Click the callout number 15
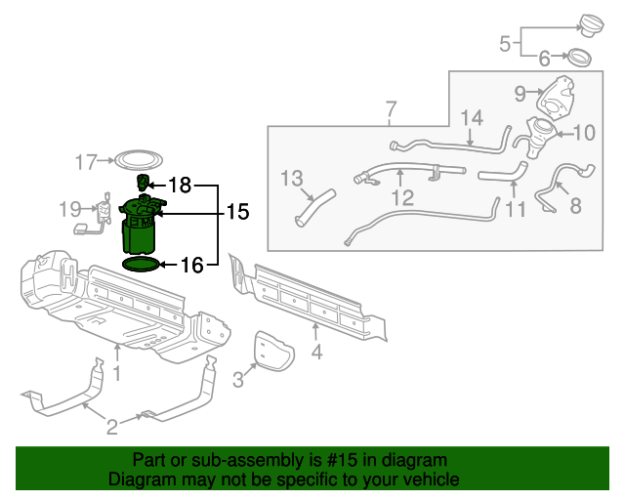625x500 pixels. [237, 212]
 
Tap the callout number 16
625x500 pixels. [192, 265]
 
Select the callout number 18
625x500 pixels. [181, 185]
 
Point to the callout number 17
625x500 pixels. [87, 161]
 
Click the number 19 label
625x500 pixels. [68, 208]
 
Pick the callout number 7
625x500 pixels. [390, 108]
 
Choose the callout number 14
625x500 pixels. [472, 118]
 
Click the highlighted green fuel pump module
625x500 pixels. [140, 226]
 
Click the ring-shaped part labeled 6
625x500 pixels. [579, 58]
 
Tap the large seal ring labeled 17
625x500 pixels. [136, 160]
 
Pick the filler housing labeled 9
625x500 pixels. [558, 95]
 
